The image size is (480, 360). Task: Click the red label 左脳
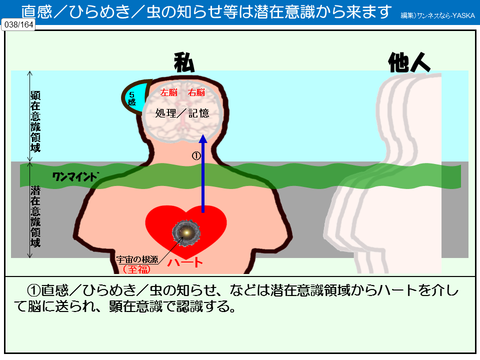168,92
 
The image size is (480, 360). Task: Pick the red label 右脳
196,92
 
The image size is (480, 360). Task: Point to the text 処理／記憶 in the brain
182,113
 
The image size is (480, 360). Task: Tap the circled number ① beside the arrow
196,155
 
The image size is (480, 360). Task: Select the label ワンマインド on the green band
76,176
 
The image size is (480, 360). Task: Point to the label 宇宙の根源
137,259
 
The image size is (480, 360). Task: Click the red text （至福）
136,268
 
